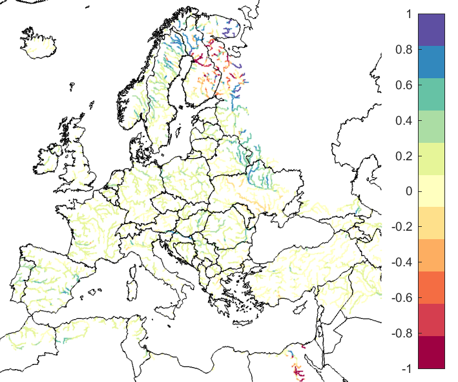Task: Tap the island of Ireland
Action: coord(48,159)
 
